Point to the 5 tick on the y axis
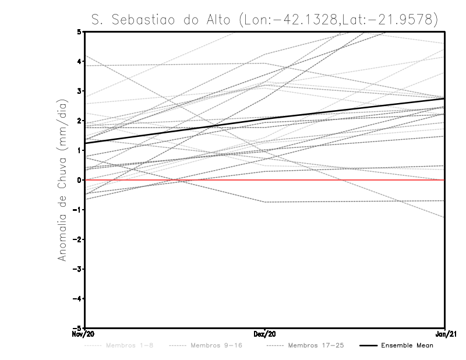pos(79,31)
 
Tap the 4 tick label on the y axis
pos(79,61)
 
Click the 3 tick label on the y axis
pos(79,91)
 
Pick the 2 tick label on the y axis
pos(79,121)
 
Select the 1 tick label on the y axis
pos(79,150)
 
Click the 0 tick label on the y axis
pos(79,180)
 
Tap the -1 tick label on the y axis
pos(77,210)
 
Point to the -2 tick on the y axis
pos(77,239)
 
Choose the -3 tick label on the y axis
pos(77,269)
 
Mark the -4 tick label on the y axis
pos(77,299)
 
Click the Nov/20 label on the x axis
pos(84,334)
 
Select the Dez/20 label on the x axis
pos(265,334)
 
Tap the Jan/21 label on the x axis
pos(445,334)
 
